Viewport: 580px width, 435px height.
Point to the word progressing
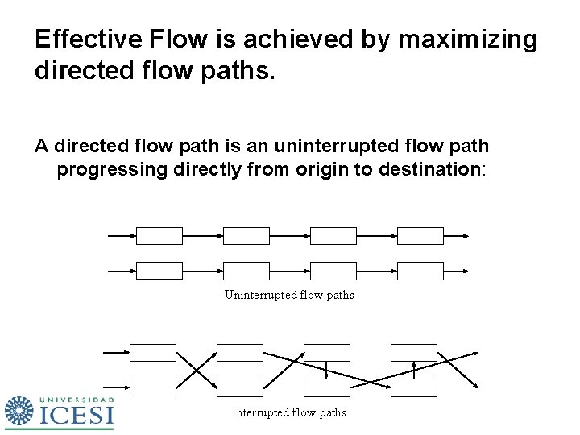pyautogui.click(x=111, y=169)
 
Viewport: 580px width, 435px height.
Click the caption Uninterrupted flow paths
pyautogui.click(x=289, y=295)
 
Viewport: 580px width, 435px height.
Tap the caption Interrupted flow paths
pyautogui.click(x=289, y=412)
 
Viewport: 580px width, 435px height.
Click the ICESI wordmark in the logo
pyautogui.click(x=77, y=415)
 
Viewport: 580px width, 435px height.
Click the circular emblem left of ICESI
pyautogui.click(x=20, y=412)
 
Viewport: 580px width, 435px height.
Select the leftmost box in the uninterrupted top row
pyautogui.click(x=159, y=235)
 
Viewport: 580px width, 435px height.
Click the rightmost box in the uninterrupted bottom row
pyautogui.click(x=420, y=270)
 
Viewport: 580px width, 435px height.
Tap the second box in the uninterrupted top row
pyautogui.click(x=246, y=235)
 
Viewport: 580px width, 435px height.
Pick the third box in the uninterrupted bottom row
pyautogui.click(x=333, y=270)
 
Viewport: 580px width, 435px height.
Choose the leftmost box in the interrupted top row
pyautogui.click(x=153, y=352)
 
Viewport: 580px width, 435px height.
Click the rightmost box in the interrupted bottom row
pyautogui.click(x=414, y=387)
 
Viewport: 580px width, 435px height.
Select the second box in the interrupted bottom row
pyautogui.click(x=240, y=387)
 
